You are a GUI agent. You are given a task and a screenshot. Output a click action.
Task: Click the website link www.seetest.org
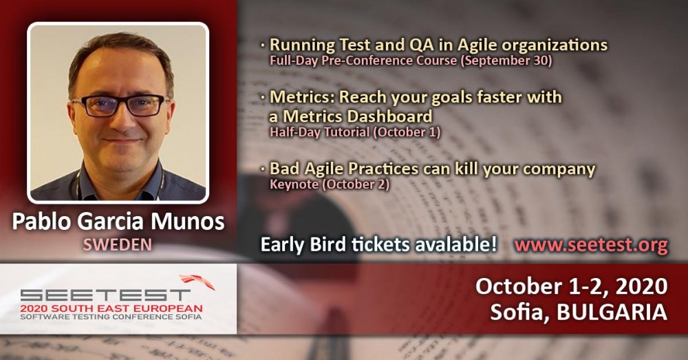tap(591, 244)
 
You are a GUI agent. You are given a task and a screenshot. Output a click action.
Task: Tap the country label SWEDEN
tap(118, 244)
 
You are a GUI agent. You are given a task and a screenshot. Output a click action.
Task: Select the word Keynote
tap(294, 184)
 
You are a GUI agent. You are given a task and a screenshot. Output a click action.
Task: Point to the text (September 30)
tap(506, 60)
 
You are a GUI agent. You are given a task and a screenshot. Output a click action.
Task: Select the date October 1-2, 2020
tap(571, 286)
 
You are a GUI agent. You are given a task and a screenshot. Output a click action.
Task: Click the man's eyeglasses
tap(119, 105)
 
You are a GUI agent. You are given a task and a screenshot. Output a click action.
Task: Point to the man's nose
tap(119, 120)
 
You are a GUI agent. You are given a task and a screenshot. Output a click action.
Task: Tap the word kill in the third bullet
tap(466, 169)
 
